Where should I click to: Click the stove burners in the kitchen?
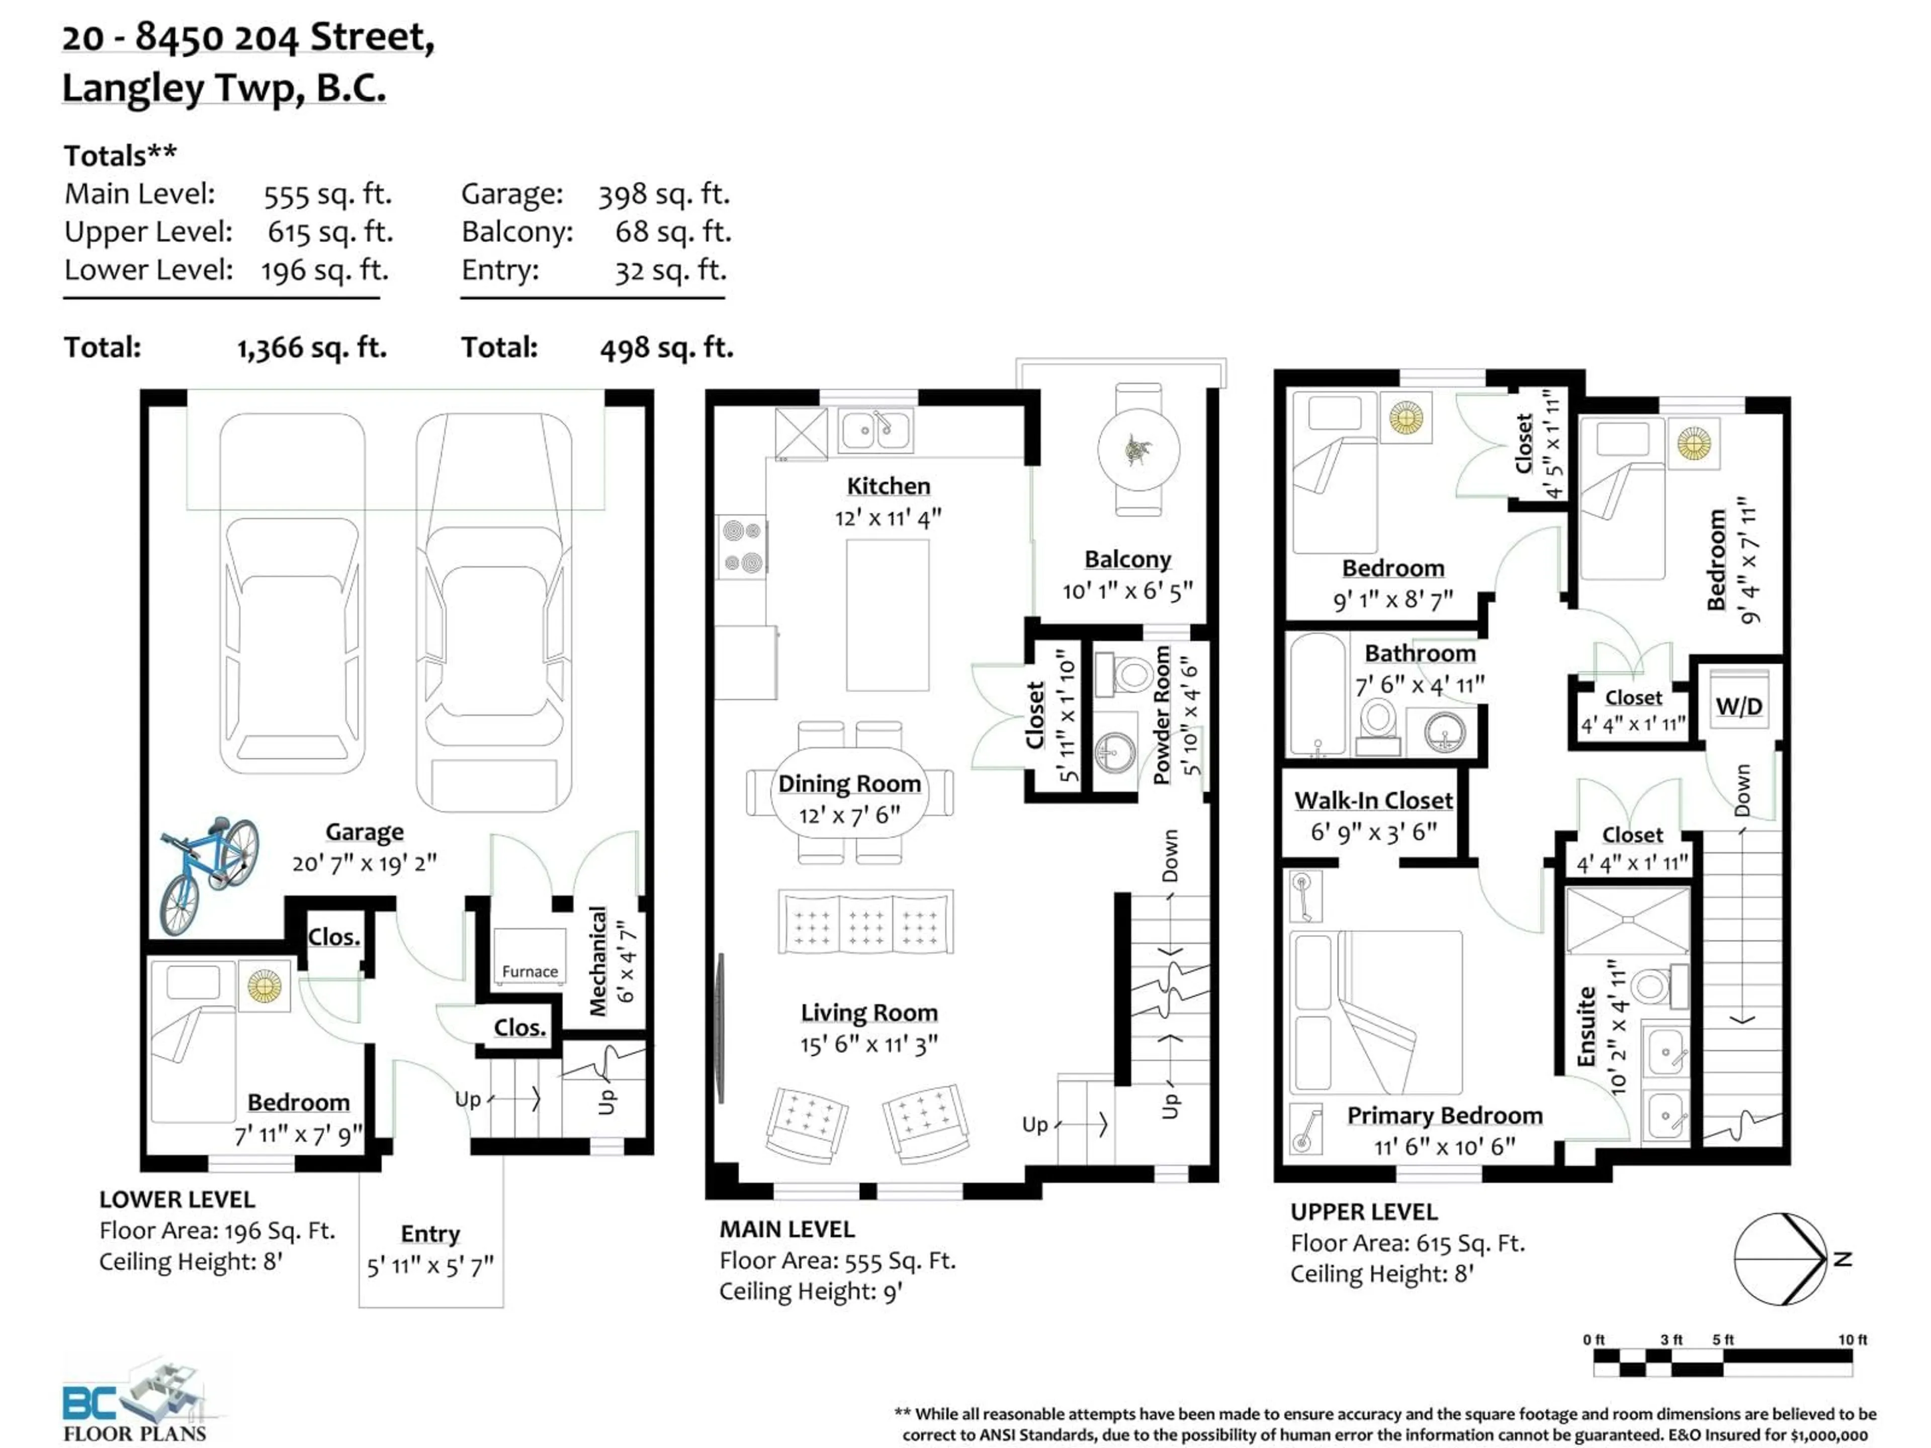743,547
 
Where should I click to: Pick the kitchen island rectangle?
887,614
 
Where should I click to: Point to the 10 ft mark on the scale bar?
1852,1340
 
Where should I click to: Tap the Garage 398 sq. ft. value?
663,194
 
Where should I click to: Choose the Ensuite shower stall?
1627,920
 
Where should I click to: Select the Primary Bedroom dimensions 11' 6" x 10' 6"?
1445,1146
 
